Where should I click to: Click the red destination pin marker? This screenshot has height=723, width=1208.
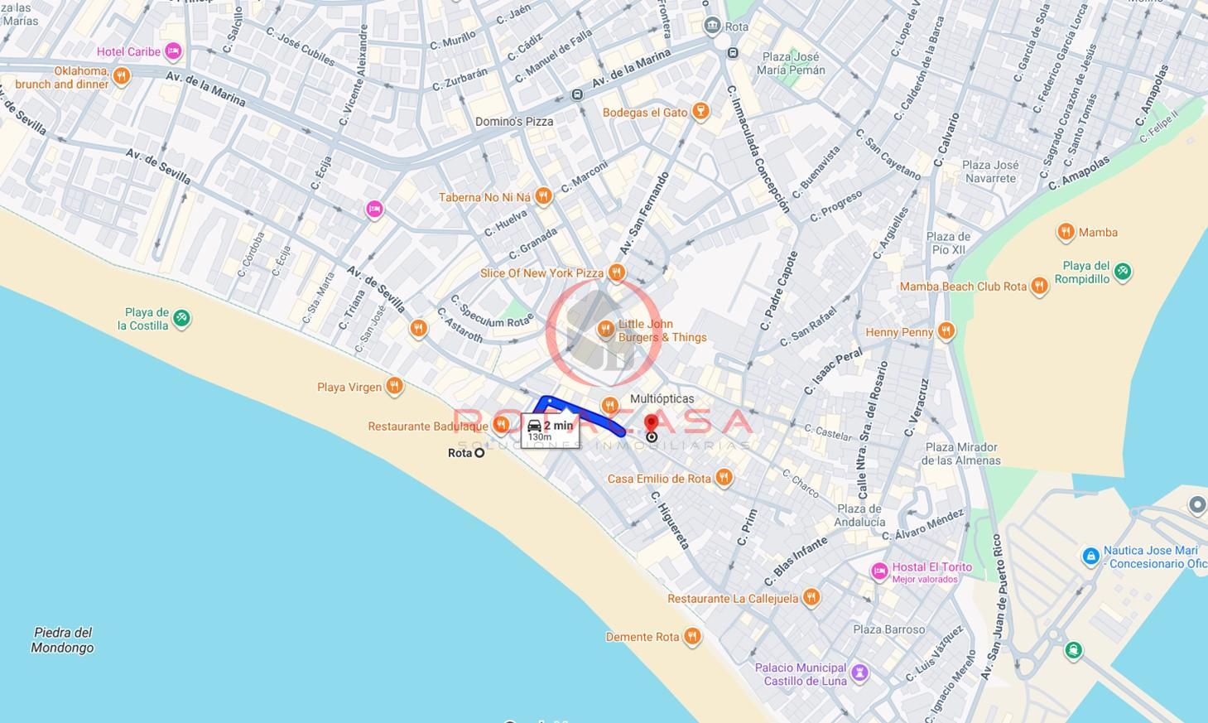click(x=651, y=425)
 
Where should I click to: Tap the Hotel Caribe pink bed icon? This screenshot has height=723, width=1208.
click(x=172, y=52)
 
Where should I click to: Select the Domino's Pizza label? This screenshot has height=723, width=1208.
click(x=513, y=122)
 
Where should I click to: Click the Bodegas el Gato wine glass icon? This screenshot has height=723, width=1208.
click(x=700, y=112)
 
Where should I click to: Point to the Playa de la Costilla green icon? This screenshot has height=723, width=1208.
click(x=181, y=318)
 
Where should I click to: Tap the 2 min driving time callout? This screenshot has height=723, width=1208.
click(x=551, y=429)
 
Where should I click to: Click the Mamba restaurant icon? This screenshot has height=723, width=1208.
click(x=1066, y=232)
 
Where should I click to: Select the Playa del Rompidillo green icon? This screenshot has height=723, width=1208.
click(x=1122, y=272)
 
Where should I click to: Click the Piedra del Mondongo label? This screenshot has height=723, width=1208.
click(x=62, y=640)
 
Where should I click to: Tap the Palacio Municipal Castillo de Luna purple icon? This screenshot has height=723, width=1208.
click(x=859, y=672)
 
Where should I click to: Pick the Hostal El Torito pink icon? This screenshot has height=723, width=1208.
click(x=879, y=571)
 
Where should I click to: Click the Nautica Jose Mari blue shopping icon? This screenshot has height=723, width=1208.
click(x=1090, y=556)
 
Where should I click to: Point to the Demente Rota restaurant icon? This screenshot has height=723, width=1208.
click(x=692, y=637)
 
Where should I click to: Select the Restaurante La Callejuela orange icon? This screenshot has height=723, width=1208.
click(x=811, y=598)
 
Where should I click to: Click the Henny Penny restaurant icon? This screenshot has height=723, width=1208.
click(x=946, y=332)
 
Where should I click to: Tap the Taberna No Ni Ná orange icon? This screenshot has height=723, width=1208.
click(x=543, y=196)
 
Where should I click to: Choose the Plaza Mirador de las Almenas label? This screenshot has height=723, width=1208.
click(x=962, y=454)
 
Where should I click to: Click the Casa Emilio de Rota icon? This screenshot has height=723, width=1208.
click(x=724, y=478)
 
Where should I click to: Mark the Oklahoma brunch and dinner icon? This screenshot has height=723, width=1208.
click(x=122, y=77)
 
